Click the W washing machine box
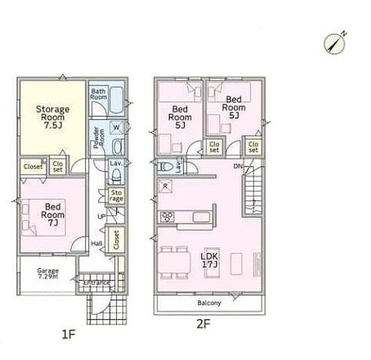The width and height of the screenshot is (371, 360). tap(117, 127)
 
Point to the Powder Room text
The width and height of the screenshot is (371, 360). tap(98, 139)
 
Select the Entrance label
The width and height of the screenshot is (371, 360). tap(96, 282)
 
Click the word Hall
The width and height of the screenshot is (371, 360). tap(96, 243)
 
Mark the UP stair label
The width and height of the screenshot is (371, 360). tap(102, 215)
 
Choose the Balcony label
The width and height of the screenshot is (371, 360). tap(209, 303)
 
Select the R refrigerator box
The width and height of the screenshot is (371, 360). tap(165, 187)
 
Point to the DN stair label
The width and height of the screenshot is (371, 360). tap(238, 166)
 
